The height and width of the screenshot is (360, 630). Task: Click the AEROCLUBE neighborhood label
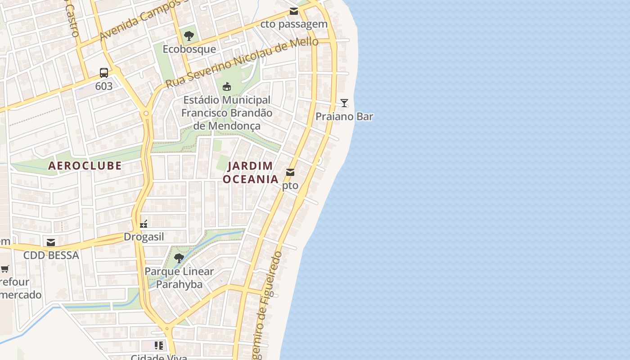(x=85, y=166)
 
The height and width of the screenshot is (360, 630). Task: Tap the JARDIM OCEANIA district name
(x=251, y=172)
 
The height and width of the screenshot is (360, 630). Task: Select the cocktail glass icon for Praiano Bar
(x=344, y=103)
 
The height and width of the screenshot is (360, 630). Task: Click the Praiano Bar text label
(x=344, y=117)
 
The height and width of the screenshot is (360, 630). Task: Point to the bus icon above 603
(x=104, y=72)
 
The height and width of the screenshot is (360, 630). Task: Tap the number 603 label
(x=104, y=86)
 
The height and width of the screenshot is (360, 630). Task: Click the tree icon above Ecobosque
(x=189, y=36)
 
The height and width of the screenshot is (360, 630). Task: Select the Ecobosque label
(x=189, y=49)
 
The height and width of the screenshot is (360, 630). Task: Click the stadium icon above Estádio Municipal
(x=227, y=86)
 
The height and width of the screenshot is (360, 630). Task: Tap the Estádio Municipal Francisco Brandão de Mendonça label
(x=227, y=112)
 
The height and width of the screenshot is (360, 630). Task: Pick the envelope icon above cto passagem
(x=294, y=11)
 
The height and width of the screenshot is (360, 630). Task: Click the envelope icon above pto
(x=290, y=172)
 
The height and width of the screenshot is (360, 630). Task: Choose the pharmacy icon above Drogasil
(x=144, y=224)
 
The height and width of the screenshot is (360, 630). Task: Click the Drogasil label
(x=144, y=237)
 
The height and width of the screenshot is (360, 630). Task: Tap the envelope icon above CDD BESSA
(x=51, y=243)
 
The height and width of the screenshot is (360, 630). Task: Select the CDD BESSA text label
(x=51, y=256)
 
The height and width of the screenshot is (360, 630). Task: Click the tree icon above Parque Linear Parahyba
(x=179, y=258)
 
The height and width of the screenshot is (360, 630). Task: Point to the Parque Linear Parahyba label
(x=179, y=278)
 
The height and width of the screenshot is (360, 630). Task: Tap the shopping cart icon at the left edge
(x=4, y=269)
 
